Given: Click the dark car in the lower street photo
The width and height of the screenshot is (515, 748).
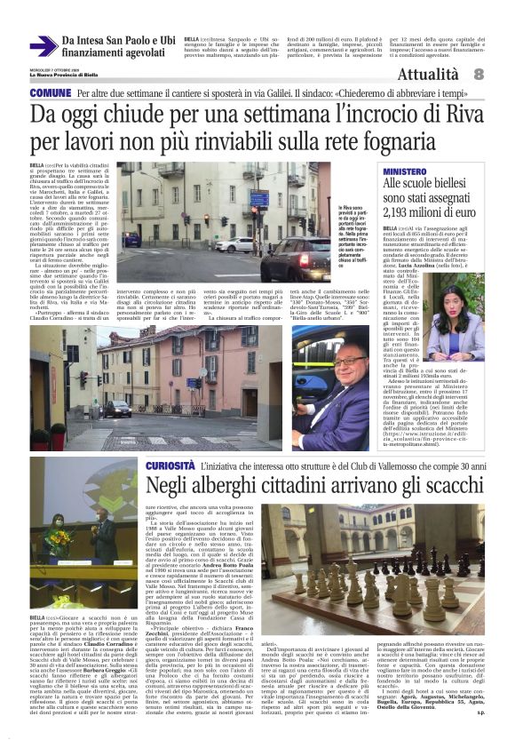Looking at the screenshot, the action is [118, 408].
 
